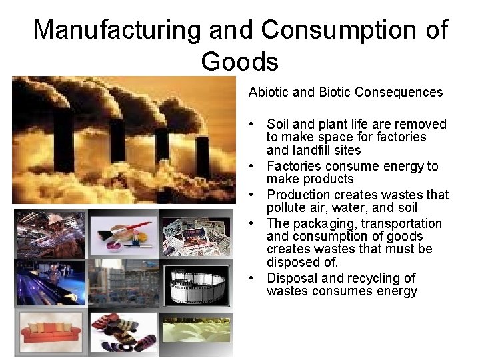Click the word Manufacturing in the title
117,30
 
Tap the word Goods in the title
239,61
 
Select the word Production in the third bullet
298,195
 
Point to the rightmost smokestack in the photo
203,157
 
